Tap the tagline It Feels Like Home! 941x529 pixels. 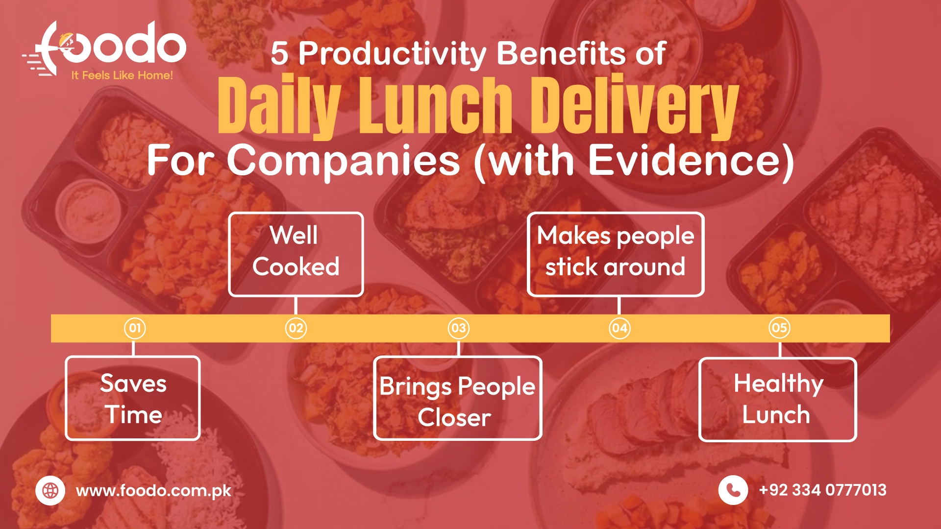pos(122,75)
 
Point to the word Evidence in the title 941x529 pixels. pos(684,160)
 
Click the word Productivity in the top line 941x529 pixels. pos(392,53)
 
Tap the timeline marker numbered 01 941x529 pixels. pos(135,328)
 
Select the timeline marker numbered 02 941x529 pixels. pos(296,328)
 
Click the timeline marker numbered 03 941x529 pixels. pos(459,328)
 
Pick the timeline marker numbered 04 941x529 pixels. pos(619,328)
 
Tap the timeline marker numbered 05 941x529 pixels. pos(779,328)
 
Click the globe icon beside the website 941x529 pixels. pos(50,490)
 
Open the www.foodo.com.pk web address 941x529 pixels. pos(153,491)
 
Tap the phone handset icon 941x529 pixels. pos(733,490)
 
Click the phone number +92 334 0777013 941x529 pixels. pos(823,490)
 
